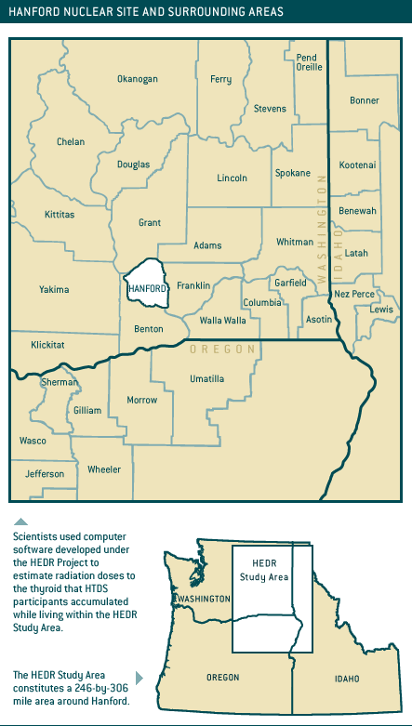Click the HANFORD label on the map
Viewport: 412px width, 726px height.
click(x=148, y=289)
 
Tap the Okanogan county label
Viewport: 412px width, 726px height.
click(x=137, y=79)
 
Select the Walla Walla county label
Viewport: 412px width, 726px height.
click(x=223, y=320)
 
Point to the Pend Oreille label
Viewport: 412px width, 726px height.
click(x=307, y=63)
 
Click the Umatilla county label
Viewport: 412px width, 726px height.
click(x=206, y=378)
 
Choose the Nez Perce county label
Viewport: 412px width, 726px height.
click(x=353, y=294)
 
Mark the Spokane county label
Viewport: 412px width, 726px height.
click(x=293, y=173)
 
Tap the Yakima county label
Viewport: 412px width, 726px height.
click(x=54, y=289)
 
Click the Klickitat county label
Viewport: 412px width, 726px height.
click(x=47, y=344)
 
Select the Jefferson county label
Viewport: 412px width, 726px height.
click(x=45, y=474)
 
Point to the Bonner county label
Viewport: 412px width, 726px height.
click(x=365, y=100)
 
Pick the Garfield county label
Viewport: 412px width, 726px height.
click(x=290, y=283)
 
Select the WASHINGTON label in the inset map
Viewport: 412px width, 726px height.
click(x=206, y=600)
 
